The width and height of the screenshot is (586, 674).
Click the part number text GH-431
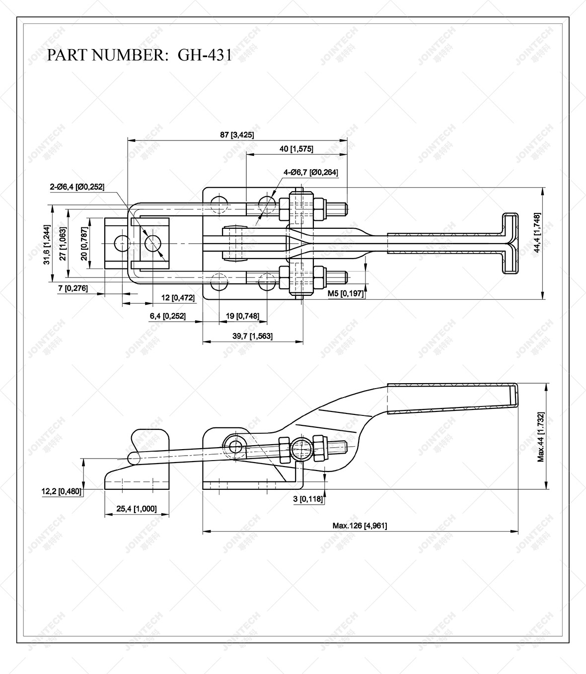205,55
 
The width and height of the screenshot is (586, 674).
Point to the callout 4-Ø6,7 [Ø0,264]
311,172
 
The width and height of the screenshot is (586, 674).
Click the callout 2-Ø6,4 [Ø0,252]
77,187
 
